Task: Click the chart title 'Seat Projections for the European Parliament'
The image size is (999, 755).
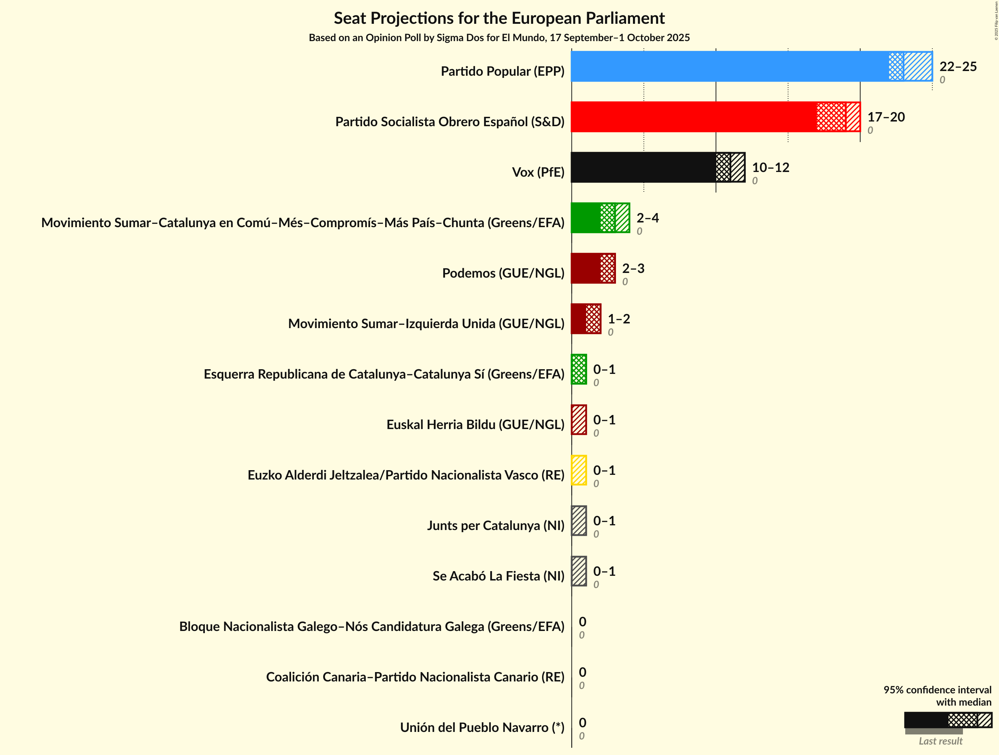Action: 499,18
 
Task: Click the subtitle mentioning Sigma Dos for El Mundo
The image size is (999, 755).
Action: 499,37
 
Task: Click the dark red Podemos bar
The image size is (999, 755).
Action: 593,268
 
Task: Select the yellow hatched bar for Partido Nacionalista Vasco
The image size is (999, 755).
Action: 578,470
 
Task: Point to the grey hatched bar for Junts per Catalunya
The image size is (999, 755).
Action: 578,521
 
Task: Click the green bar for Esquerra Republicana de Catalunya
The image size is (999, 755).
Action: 578,369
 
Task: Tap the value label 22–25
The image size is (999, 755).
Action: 958,66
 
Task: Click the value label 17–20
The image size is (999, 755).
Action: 886,117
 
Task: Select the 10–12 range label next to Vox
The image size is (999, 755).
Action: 770,168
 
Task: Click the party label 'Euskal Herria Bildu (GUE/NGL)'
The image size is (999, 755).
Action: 475,424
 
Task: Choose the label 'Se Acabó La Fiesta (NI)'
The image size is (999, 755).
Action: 498,576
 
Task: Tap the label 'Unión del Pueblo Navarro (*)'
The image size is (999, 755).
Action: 482,728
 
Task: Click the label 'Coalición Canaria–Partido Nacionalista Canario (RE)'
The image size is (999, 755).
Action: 415,677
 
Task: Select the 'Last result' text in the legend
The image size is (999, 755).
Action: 940,741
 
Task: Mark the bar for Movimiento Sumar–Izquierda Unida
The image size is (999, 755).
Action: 586,319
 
